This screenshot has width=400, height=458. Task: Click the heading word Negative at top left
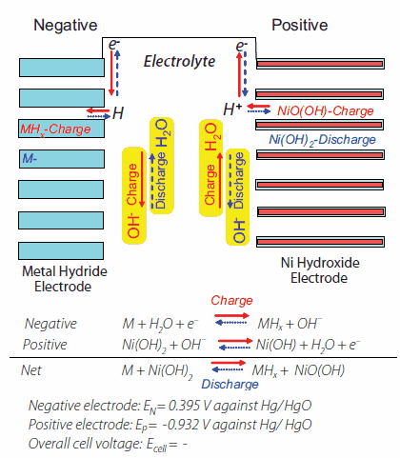point(66,24)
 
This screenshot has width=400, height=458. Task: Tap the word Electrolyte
point(179,62)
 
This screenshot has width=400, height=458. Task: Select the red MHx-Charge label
point(54,128)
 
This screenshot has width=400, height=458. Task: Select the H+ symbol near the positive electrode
point(231,110)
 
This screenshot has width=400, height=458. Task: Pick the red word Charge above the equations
point(232,302)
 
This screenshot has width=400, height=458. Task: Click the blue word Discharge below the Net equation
point(230,385)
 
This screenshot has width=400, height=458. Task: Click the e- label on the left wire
point(114,44)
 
